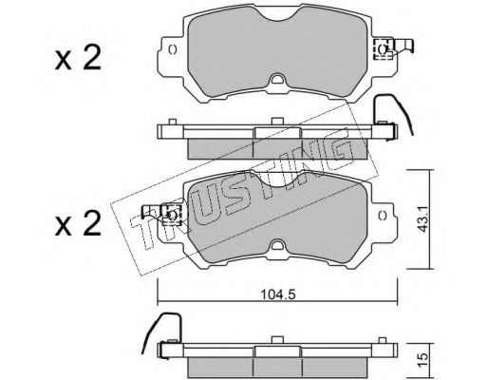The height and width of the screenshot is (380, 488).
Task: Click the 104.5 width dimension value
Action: pyautogui.click(x=277, y=294)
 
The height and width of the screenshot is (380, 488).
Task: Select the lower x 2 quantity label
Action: pyautogui.click(x=78, y=223)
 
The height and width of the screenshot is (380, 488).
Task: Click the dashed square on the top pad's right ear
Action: pyautogui.click(x=384, y=49)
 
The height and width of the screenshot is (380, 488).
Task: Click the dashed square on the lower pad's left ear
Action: pyautogui.click(x=171, y=215)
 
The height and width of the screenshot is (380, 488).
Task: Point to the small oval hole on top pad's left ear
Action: pyautogui.click(x=173, y=49)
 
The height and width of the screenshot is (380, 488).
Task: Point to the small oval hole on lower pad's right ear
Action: pyautogui.click(x=383, y=216)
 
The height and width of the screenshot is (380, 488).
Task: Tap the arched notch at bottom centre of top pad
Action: pyautogui.click(x=277, y=79)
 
